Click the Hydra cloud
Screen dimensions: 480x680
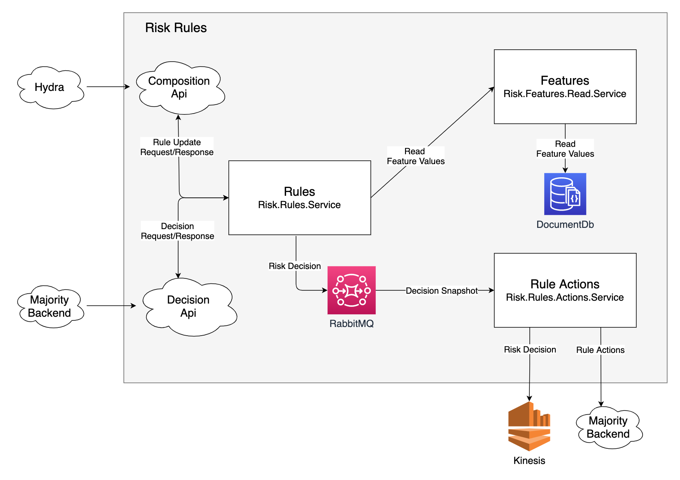[50, 87]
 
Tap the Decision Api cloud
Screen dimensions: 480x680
[189, 306]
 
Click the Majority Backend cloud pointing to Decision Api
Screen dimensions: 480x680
[50, 306]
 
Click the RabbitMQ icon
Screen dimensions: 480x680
[352, 290]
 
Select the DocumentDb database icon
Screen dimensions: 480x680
[565, 194]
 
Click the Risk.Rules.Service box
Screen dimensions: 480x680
[300, 198]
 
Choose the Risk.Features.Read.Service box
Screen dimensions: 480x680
[565, 87]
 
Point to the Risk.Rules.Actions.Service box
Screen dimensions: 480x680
[565, 290]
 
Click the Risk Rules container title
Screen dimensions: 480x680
[176, 28]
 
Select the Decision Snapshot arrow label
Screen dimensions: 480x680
[442, 291]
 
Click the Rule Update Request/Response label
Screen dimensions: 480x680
[177, 147]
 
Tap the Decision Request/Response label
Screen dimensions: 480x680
[177, 231]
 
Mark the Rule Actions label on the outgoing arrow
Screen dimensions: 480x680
[600, 350]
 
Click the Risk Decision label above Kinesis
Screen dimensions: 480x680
[530, 350]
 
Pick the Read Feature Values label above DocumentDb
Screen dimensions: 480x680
[565, 149]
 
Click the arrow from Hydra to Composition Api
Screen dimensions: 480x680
[108, 87]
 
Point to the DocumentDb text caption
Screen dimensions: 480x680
[565, 225]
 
